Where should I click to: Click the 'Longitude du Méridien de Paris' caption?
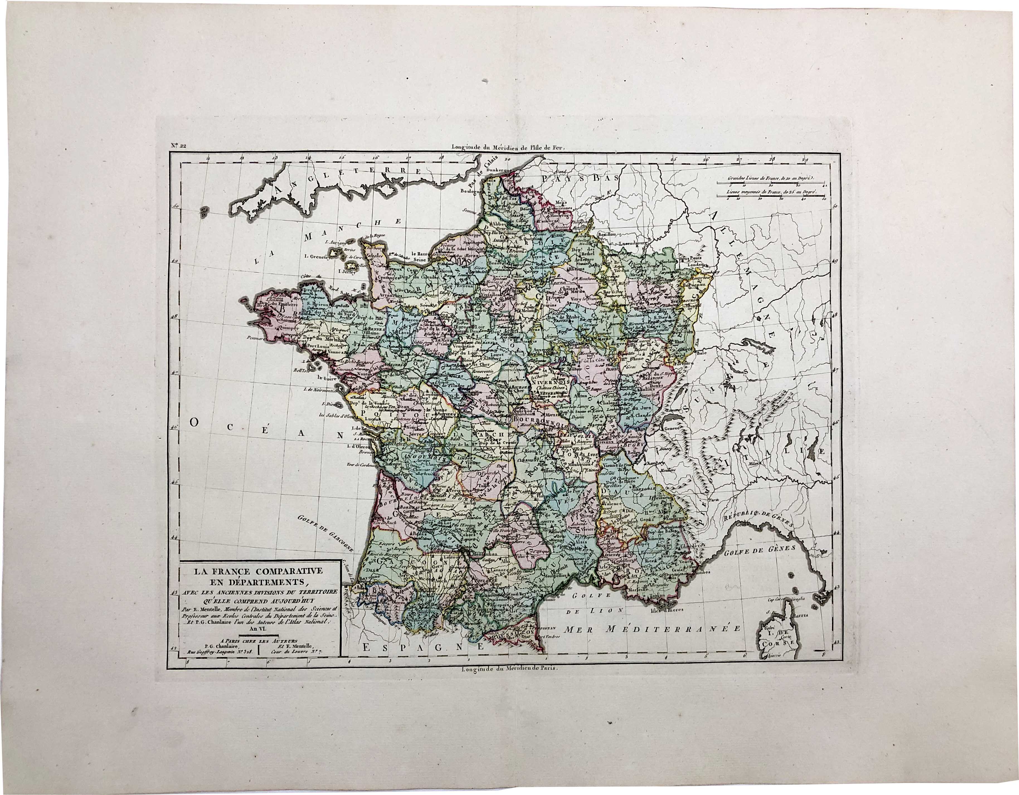coord(508,667)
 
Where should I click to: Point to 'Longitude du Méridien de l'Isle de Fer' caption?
coord(508,147)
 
